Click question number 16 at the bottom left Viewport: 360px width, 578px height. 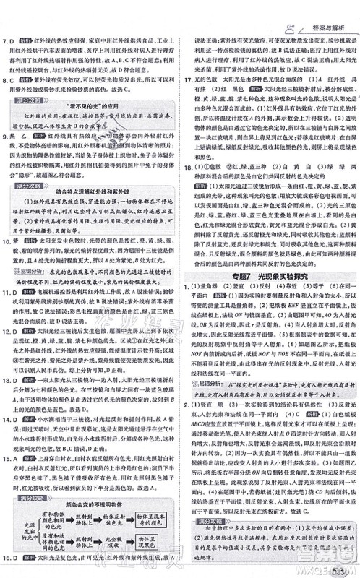click(x=9, y=560)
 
